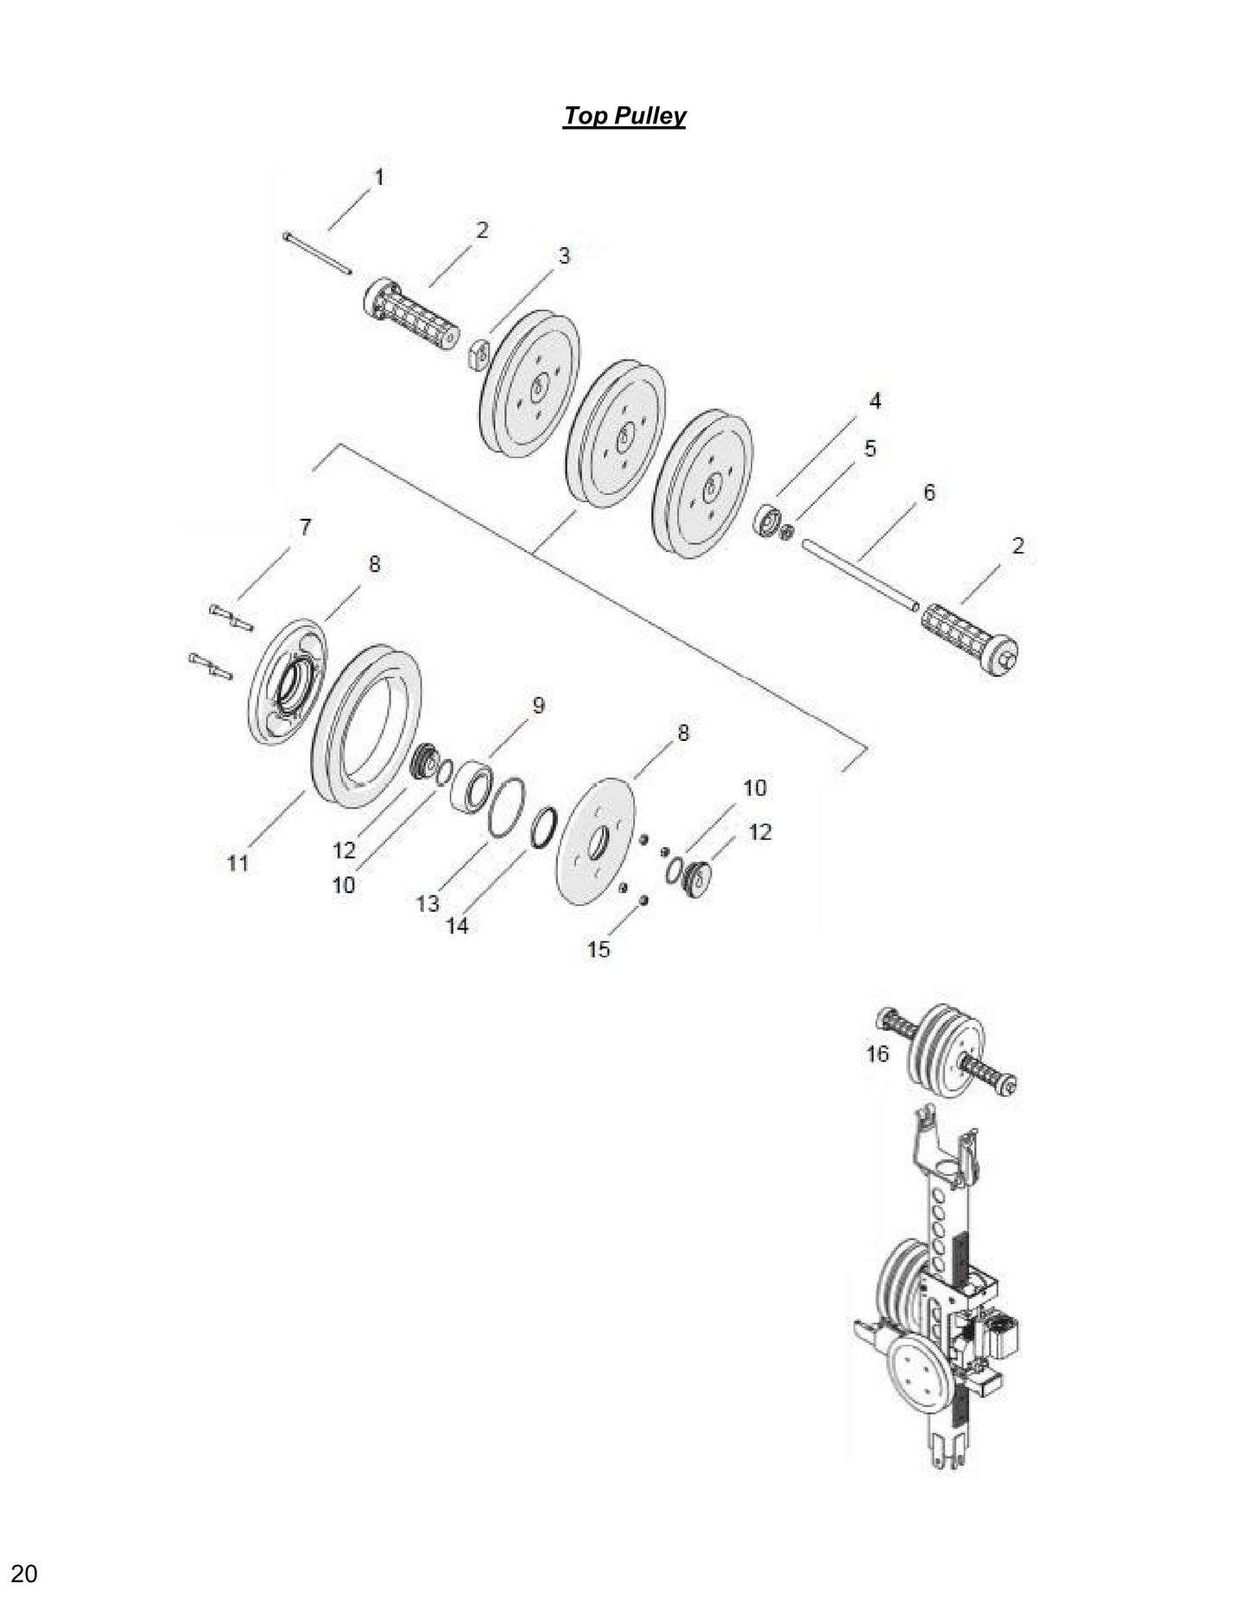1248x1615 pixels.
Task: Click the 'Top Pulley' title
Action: coord(624,116)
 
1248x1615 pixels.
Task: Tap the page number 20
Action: coord(24,1574)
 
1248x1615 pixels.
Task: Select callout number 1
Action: coord(378,177)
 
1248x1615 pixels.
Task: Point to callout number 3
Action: coord(563,256)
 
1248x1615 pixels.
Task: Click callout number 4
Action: coord(875,401)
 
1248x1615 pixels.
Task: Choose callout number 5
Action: coord(870,448)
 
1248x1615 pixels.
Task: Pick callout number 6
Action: coord(928,492)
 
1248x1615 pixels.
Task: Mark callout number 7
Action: coord(306,527)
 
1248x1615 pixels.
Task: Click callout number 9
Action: coord(538,706)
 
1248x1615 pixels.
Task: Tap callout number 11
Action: coord(238,862)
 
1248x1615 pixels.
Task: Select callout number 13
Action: coord(428,903)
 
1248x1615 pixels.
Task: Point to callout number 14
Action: coord(457,925)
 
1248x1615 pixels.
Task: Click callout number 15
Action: coord(599,949)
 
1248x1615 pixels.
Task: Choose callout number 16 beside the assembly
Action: coord(877,1053)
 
